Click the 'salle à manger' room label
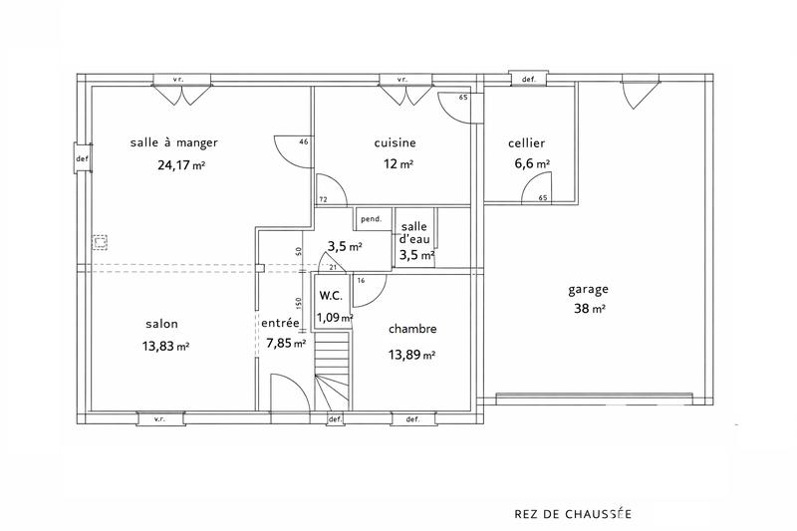173,142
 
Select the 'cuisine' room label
395,142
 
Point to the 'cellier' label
526,143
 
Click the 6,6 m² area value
530,164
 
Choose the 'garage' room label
588,289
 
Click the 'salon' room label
162,324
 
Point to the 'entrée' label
281,324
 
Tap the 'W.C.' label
333,296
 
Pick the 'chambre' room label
412,329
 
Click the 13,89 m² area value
412,353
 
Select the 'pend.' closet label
371,219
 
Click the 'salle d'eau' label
416,233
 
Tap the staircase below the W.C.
333,370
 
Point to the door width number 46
303,142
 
